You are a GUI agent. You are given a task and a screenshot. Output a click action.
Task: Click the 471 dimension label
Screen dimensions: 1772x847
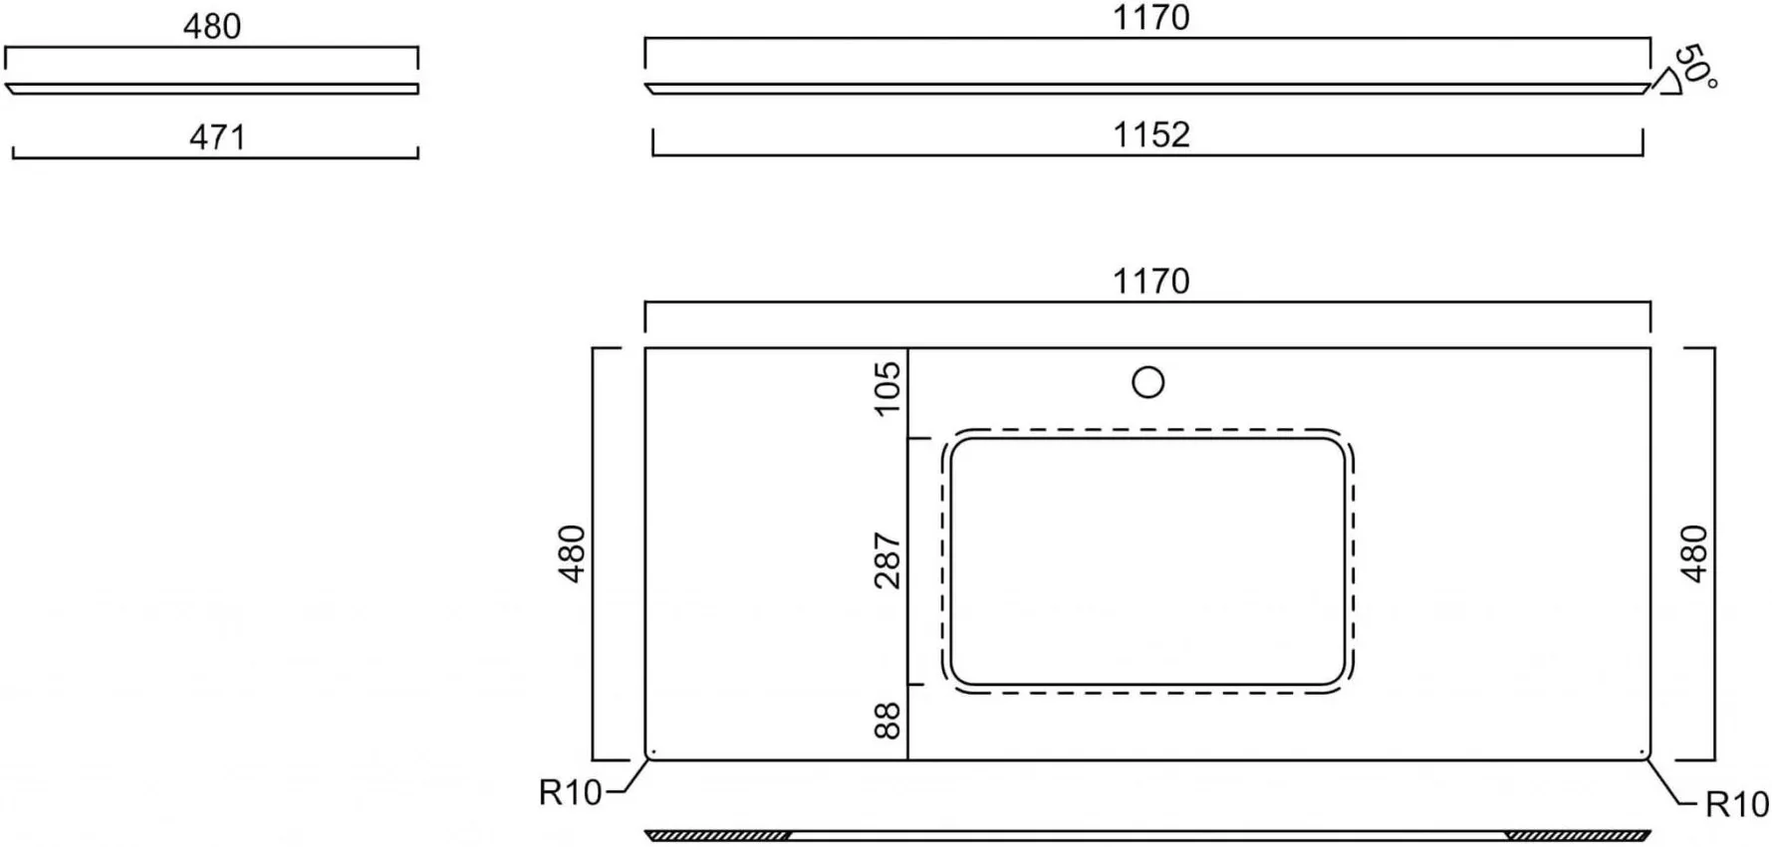[x=217, y=136]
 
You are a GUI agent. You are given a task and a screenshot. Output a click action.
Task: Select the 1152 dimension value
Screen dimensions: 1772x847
[x=1151, y=134]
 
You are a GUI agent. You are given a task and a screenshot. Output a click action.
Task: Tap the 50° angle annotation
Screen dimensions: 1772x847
[x=1694, y=66]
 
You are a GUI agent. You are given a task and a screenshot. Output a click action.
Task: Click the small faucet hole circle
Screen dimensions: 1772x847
[x=1148, y=382]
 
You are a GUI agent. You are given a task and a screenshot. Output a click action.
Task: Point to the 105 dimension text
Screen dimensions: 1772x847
[x=886, y=387]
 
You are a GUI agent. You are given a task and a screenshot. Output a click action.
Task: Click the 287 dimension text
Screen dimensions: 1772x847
[x=886, y=560]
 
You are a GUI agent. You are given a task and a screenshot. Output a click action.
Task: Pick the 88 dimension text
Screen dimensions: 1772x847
[x=886, y=721]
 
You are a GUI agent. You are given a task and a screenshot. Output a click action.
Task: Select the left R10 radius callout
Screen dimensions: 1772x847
[x=570, y=792]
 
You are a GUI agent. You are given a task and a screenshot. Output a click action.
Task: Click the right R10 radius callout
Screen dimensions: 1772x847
[x=1737, y=804]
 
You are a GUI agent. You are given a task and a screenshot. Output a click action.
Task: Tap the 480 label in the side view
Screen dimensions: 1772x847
[x=212, y=26]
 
